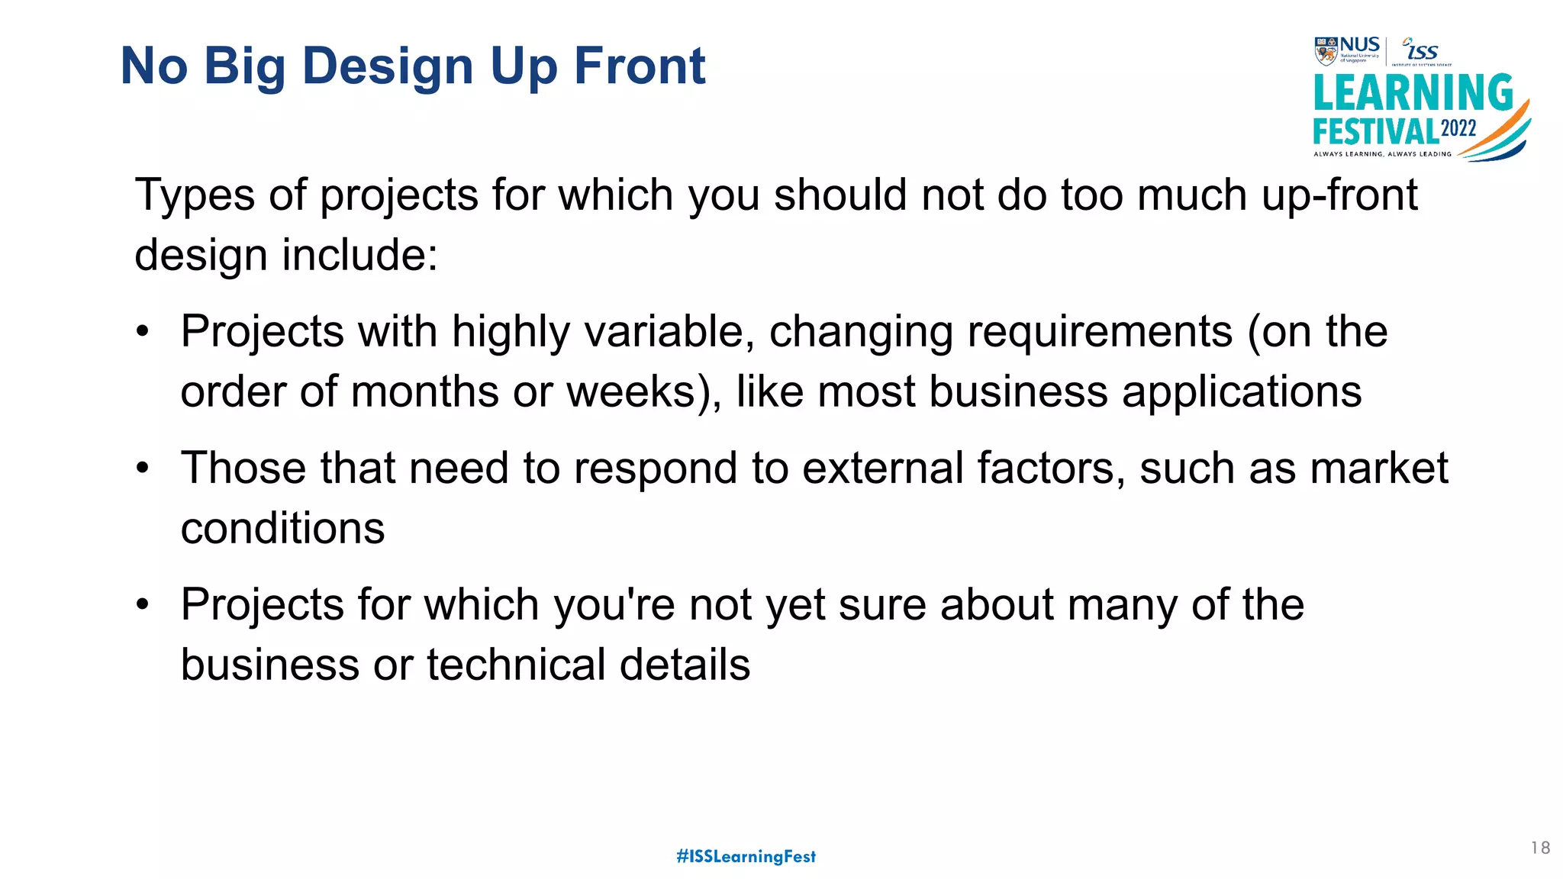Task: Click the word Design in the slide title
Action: click(x=388, y=67)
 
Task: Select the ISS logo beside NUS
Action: click(x=1421, y=50)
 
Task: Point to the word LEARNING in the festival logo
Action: click(x=1413, y=93)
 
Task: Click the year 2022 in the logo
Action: click(x=1458, y=129)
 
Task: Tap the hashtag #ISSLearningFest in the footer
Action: click(x=746, y=856)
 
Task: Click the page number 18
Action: click(x=1540, y=848)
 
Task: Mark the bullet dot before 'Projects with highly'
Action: click(x=143, y=332)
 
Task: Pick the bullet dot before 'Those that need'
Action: click(x=143, y=468)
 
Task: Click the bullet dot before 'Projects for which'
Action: click(x=143, y=605)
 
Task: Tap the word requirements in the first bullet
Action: click(x=1093, y=333)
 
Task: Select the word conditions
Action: click(x=282, y=528)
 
